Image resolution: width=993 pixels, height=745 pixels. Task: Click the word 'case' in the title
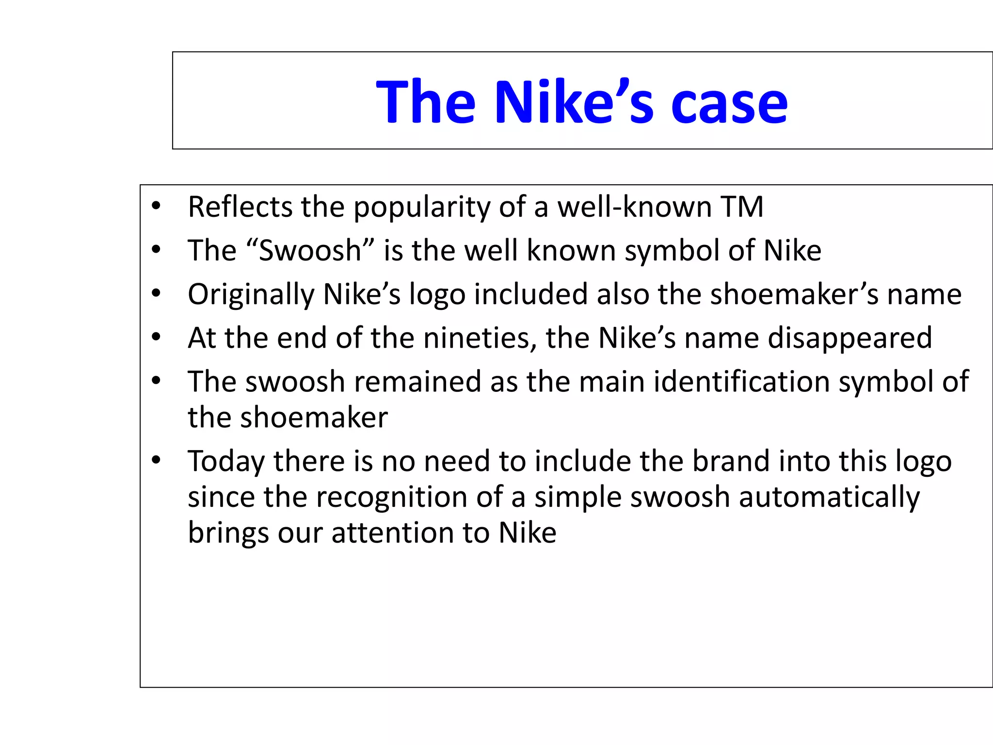tap(729, 103)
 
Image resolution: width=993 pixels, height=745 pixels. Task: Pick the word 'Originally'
tap(251, 295)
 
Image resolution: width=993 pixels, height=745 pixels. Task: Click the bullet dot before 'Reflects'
tap(156, 206)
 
